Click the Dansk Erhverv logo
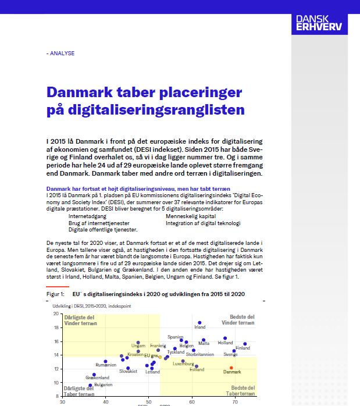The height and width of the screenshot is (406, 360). click(x=319, y=23)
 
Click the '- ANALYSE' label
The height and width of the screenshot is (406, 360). click(x=60, y=53)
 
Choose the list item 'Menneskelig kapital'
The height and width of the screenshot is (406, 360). click(x=190, y=216)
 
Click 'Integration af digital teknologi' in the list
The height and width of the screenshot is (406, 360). click(x=203, y=223)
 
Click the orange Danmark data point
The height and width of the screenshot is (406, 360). click(x=231, y=368)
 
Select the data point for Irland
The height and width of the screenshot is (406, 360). click(x=199, y=322)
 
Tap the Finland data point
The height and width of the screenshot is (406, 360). click(x=245, y=344)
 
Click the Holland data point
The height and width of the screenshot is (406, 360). click(x=225, y=338)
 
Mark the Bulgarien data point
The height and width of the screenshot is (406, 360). click(x=90, y=385)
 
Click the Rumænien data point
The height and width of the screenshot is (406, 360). click(x=105, y=361)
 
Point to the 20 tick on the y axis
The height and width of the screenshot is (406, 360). click(x=56, y=314)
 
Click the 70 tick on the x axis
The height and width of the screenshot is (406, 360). click(x=234, y=401)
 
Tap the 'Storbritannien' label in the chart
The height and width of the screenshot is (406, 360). click(x=199, y=354)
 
